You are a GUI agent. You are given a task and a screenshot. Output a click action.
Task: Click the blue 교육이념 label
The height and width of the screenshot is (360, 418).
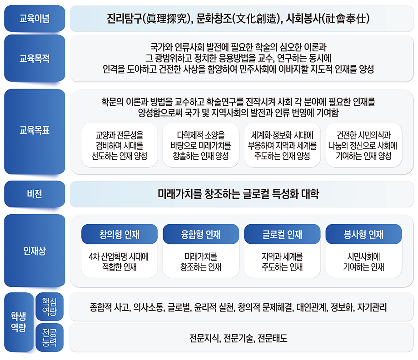point(35,19)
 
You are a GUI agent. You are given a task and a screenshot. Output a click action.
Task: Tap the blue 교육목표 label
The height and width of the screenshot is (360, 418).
point(35,131)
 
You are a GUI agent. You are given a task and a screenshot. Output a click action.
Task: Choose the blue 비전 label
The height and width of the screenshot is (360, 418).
point(35,194)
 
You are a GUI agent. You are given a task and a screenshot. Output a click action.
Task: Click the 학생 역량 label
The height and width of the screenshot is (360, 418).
point(18,322)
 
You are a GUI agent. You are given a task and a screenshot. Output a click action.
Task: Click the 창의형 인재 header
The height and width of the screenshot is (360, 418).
point(119,234)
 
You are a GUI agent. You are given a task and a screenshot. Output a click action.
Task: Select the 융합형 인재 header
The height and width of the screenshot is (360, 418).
point(200,234)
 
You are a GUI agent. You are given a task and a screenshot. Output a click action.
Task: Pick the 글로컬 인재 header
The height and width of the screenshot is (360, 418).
point(282,234)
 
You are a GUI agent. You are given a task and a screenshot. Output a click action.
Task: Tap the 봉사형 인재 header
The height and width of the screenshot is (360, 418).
point(363,234)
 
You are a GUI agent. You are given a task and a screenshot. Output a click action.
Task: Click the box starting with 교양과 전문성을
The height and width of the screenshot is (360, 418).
point(119,145)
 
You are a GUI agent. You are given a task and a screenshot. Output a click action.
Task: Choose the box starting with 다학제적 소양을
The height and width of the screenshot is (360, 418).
point(200,145)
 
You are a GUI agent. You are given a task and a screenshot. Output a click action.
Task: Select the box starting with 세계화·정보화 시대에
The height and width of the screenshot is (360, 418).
point(282,145)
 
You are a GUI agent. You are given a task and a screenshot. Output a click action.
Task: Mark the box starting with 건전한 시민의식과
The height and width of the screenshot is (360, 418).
point(363,145)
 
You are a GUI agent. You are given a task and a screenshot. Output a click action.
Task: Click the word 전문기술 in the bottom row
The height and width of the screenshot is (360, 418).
point(239,339)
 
